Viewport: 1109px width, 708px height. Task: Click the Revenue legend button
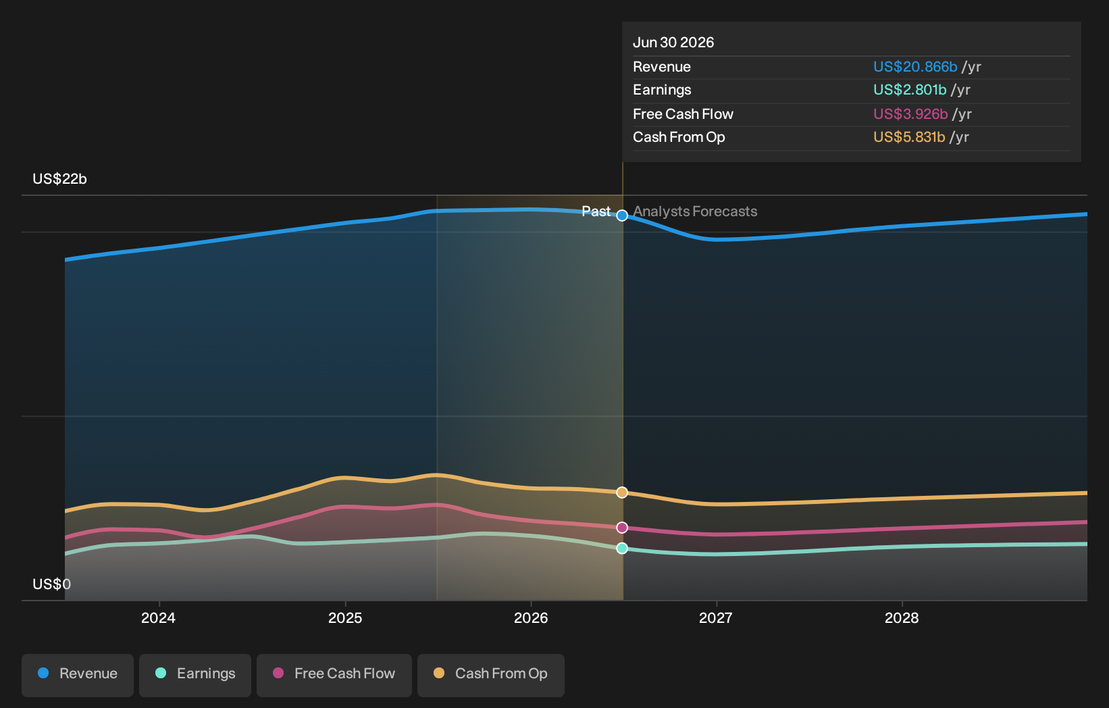click(x=77, y=676)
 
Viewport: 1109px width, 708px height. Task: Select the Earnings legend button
click(x=195, y=676)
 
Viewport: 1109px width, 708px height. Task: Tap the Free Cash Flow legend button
click(x=334, y=676)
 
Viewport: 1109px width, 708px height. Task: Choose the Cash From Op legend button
click(x=490, y=676)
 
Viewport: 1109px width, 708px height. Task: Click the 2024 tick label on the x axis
click(x=159, y=618)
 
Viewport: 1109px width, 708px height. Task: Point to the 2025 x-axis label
click(x=345, y=618)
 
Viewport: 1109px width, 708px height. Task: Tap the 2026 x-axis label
click(x=531, y=618)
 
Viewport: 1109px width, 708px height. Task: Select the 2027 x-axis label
click(x=716, y=618)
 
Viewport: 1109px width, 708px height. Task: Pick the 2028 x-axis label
click(x=902, y=618)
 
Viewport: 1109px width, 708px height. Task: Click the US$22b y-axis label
click(x=60, y=179)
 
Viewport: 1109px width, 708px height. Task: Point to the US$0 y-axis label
click(x=51, y=584)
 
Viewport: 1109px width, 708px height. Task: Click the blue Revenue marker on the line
click(x=622, y=216)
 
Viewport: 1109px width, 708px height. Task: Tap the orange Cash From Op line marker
click(x=622, y=492)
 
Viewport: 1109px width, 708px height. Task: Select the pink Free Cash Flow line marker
click(x=622, y=528)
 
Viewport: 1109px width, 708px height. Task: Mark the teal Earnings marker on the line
click(x=622, y=548)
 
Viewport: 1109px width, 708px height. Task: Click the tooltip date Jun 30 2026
click(x=673, y=43)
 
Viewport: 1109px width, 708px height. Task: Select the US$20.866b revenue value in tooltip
click(x=915, y=67)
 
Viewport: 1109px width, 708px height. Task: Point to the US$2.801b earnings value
click(x=910, y=90)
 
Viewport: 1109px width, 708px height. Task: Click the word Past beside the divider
click(x=596, y=211)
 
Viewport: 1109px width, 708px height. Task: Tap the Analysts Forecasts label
click(x=695, y=211)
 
